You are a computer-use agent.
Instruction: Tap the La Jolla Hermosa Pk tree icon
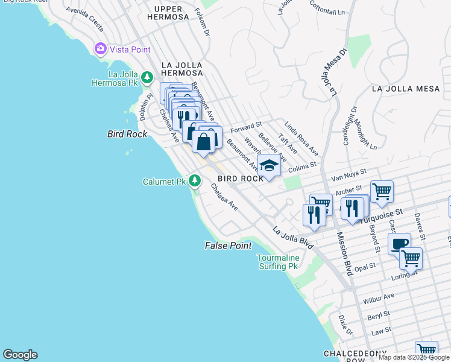147,77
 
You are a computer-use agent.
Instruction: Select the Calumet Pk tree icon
194,180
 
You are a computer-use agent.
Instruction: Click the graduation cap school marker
269,164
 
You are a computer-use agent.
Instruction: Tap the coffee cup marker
399,244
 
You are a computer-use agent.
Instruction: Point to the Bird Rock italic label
127,134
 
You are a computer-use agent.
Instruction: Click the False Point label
228,246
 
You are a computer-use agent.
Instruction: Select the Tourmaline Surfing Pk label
279,262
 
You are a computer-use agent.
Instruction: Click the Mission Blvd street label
343,253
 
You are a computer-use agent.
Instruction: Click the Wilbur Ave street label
378,298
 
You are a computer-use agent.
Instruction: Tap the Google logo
20,355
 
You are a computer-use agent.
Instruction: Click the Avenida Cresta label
84,19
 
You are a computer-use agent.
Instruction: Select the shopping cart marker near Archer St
382,192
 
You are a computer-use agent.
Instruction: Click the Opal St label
365,265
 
